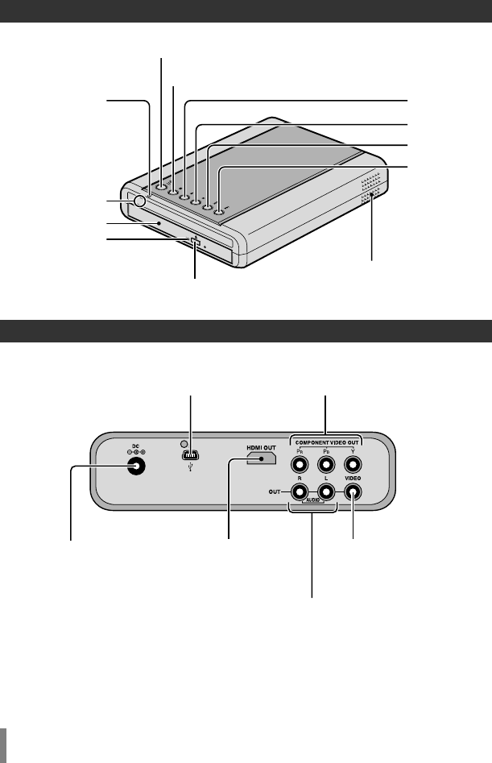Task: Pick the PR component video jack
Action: (x=300, y=464)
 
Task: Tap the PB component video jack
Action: (x=325, y=464)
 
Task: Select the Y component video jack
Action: (x=352, y=464)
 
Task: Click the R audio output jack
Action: (x=300, y=489)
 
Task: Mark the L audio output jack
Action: (x=325, y=489)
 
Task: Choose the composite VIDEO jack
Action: (x=352, y=490)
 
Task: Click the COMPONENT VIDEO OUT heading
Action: (x=325, y=442)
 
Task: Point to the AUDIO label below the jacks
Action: (x=312, y=500)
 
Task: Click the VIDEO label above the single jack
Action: (x=352, y=478)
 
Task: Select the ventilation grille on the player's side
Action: (x=371, y=190)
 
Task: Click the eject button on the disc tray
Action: (x=195, y=239)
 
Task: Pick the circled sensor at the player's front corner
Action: (x=140, y=201)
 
